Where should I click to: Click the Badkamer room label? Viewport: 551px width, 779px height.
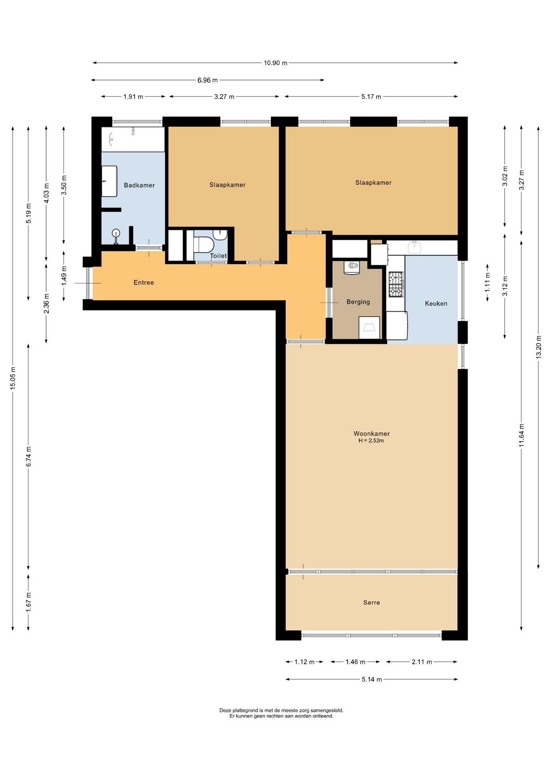pyautogui.click(x=139, y=185)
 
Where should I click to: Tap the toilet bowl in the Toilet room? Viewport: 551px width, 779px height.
pyautogui.click(x=203, y=245)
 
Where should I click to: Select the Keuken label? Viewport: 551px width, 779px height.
pyautogui.click(x=436, y=303)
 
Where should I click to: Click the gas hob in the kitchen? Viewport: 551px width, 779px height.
pyautogui.click(x=396, y=284)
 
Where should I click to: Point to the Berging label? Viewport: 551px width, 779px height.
pyautogui.click(x=358, y=302)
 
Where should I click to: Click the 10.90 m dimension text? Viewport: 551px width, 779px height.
pyautogui.click(x=275, y=63)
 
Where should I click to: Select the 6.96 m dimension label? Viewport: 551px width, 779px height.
pyautogui.click(x=208, y=80)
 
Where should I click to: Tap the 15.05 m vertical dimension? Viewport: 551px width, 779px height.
pyautogui.click(x=13, y=379)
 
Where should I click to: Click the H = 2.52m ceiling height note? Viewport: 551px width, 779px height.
pyautogui.click(x=371, y=440)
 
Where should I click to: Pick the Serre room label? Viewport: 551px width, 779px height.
pyautogui.click(x=372, y=603)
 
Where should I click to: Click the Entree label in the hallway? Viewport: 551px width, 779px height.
pyautogui.click(x=144, y=282)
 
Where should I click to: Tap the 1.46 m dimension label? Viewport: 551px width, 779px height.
pyautogui.click(x=355, y=662)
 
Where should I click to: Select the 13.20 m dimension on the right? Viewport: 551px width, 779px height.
pyautogui.click(x=539, y=347)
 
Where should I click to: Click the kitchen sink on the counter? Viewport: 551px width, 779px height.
pyautogui.click(x=414, y=247)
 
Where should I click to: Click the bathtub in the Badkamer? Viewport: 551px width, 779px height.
pyautogui.click(x=133, y=139)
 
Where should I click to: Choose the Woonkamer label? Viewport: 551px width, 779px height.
pyautogui.click(x=372, y=434)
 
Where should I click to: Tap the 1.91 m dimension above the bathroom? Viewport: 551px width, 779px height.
pyautogui.click(x=133, y=97)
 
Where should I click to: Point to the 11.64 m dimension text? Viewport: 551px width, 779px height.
pyautogui.click(x=522, y=435)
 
